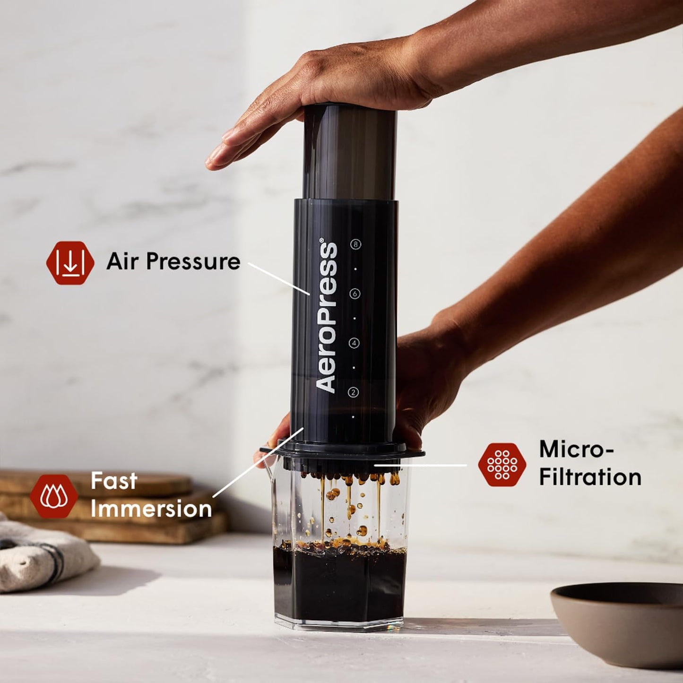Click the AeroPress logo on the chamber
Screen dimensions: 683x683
pyautogui.click(x=327, y=317)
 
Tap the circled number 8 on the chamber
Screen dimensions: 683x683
pyautogui.click(x=355, y=244)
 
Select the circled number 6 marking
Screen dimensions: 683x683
pyautogui.click(x=354, y=294)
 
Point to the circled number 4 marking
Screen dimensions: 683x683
pyautogui.click(x=354, y=343)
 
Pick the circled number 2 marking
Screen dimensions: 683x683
pyautogui.click(x=353, y=392)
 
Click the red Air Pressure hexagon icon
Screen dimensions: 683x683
pyautogui.click(x=70, y=263)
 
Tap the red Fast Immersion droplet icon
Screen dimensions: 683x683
pyautogui.click(x=54, y=496)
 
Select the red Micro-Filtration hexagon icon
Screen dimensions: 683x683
pyautogui.click(x=502, y=465)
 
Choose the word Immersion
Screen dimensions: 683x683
pyautogui.click(x=151, y=509)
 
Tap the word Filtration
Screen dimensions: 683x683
pyautogui.click(x=590, y=477)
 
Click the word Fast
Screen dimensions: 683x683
pyautogui.click(x=114, y=481)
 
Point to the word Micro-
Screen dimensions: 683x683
pyautogui.click(x=576, y=449)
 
